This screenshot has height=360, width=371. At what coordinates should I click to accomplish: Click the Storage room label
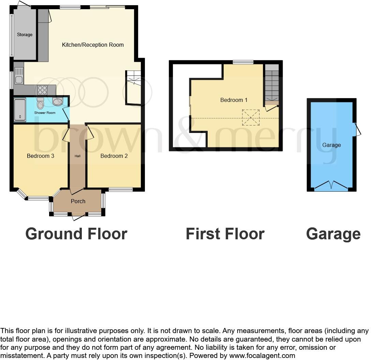click(25, 34)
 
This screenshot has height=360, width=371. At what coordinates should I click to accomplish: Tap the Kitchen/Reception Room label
click(93, 45)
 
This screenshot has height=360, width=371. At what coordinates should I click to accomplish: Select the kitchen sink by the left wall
click(19, 76)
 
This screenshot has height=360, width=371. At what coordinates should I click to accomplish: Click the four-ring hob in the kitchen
click(43, 90)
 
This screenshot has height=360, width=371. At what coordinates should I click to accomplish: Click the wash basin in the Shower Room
click(57, 101)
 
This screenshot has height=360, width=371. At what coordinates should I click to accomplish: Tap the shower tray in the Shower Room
click(20, 110)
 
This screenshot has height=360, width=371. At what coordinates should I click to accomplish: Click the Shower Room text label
click(45, 112)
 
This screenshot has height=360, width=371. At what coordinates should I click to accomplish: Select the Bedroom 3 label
click(41, 156)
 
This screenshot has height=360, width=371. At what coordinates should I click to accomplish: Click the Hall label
click(78, 156)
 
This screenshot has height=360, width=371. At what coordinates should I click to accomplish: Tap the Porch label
click(78, 201)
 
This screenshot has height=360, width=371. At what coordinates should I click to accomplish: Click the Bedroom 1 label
click(234, 100)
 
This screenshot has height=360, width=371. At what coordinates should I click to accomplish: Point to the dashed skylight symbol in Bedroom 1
click(251, 117)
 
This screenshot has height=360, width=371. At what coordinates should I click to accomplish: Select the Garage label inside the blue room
click(331, 145)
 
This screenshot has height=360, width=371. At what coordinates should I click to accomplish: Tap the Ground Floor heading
click(76, 234)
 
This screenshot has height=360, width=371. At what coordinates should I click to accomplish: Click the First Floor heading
click(225, 234)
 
